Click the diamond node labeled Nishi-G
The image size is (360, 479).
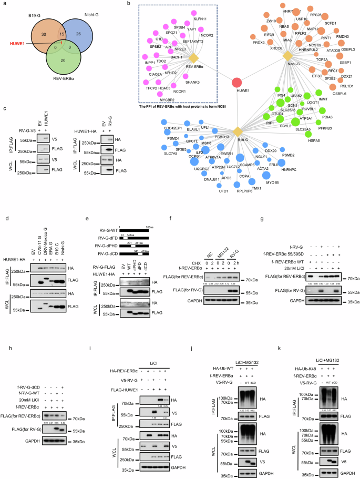pyautogui.click(x=287, y=55)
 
